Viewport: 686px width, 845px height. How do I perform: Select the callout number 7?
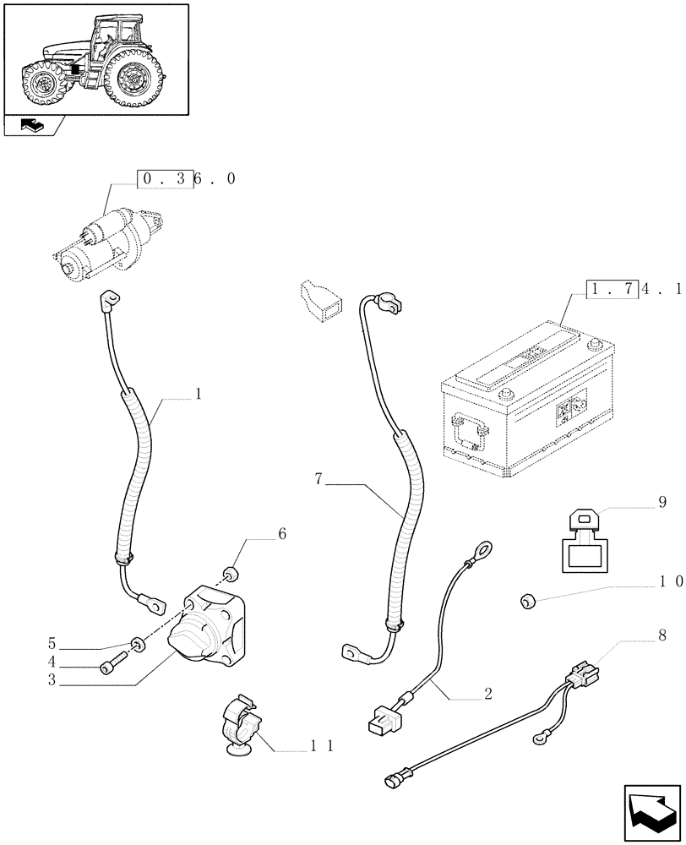point(318,479)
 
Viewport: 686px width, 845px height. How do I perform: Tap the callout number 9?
point(661,502)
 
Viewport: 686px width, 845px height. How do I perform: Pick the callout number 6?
point(281,534)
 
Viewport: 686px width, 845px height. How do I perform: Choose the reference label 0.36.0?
point(187,179)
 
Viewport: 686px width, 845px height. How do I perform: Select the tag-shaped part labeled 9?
point(582,541)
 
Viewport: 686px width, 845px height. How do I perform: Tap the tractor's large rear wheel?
point(134,79)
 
